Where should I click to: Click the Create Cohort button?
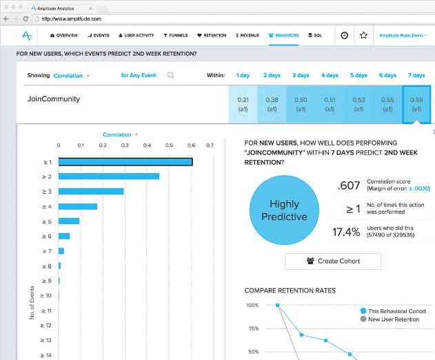pyautogui.click(x=332, y=261)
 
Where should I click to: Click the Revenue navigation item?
pyautogui.click(x=247, y=34)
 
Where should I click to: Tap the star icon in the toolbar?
pyautogui.click(x=363, y=34)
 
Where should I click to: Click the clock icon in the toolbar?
pyautogui.click(x=344, y=34)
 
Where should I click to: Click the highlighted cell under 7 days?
pyautogui.click(x=416, y=104)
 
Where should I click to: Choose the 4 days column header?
pyautogui.click(x=330, y=75)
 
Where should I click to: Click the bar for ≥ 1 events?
pyautogui.click(x=125, y=162)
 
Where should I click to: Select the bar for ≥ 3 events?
pyautogui.click(x=91, y=191)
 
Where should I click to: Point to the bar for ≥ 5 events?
pyautogui.click(x=69, y=221)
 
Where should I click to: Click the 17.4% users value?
pyautogui.click(x=346, y=232)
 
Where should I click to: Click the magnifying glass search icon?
pyautogui.click(x=170, y=75)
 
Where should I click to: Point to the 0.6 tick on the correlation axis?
pyautogui.click(x=192, y=146)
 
